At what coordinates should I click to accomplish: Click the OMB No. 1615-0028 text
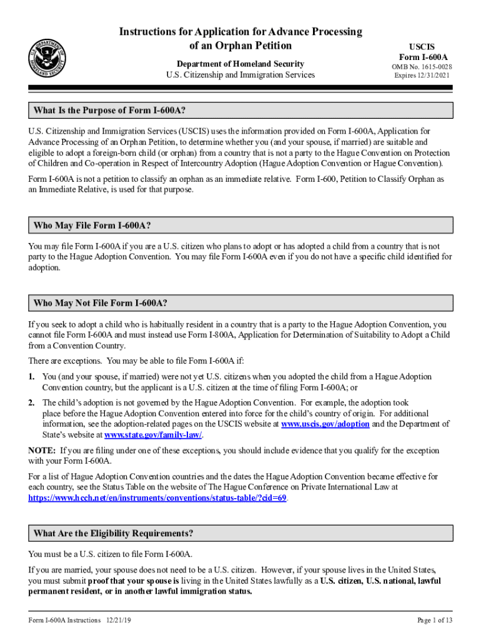[422, 67]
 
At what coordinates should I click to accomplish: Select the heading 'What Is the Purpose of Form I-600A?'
[109, 111]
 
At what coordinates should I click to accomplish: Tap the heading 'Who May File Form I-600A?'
[92, 225]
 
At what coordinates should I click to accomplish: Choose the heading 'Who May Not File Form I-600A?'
[100, 303]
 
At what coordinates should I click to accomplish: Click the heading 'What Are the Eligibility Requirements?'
[113, 533]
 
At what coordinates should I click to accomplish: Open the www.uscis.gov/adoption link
[325, 424]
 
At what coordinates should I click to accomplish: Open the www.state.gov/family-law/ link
[153, 435]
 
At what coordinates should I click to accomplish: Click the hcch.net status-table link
[157, 498]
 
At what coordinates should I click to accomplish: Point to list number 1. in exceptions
[31, 377]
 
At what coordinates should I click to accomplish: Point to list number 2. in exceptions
[31, 402]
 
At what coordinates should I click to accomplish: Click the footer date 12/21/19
[118, 620]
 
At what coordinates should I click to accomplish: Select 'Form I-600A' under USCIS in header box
[422, 57]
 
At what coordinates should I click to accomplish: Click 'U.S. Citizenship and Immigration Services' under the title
[240, 75]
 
